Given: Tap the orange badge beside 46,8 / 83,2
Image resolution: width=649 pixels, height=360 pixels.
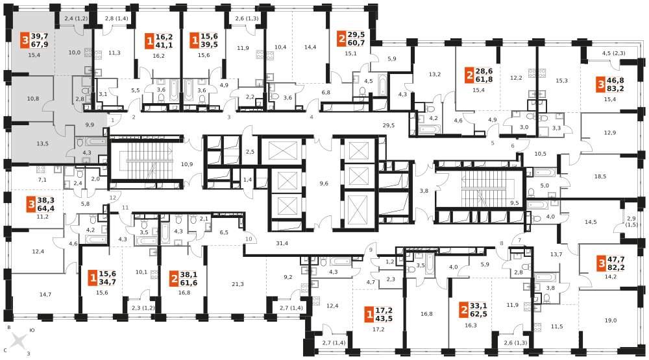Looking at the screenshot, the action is tap(600, 84).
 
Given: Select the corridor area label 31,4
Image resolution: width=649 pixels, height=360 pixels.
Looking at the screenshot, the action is tap(282, 243).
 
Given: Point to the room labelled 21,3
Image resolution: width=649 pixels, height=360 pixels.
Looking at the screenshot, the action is tap(238, 284).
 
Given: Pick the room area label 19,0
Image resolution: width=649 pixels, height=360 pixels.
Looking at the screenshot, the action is tap(611, 320).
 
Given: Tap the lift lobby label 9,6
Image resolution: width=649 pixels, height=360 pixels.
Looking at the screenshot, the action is tap(324, 183).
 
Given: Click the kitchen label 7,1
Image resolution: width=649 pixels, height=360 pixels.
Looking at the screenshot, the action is tap(42, 180).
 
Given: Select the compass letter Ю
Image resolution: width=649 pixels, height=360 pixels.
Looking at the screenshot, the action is tap(32, 331).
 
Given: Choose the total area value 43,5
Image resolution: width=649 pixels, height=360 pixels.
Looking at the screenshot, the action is tap(384, 318).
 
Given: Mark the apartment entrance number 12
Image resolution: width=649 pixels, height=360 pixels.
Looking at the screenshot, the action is tap(113, 198).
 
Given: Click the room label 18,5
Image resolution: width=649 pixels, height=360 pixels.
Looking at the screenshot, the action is tap(600, 176).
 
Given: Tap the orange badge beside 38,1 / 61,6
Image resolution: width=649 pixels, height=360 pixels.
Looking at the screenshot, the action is tap(174, 279).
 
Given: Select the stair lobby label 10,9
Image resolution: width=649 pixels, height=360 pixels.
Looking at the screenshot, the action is tap(187, 164).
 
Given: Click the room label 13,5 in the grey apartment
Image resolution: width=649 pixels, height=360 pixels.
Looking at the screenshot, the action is tap(42, 143).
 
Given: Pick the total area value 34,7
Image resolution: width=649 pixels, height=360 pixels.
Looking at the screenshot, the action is tap(107, 282).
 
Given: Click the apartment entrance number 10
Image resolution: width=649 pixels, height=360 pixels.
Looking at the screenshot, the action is tap(249, 239).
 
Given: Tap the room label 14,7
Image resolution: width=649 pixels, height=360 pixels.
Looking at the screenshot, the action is tap(45, 294).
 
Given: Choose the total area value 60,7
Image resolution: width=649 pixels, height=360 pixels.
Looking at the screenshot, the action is tap(356, 43).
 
